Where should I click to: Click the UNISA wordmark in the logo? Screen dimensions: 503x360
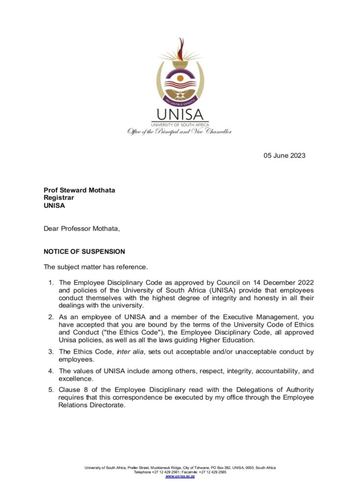180,114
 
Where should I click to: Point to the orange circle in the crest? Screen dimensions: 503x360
180,78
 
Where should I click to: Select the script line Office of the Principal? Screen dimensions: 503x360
179,131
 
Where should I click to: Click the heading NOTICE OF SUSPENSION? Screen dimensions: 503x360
84,251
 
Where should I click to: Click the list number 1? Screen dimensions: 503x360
51,282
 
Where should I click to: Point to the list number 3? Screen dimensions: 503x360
51,352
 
